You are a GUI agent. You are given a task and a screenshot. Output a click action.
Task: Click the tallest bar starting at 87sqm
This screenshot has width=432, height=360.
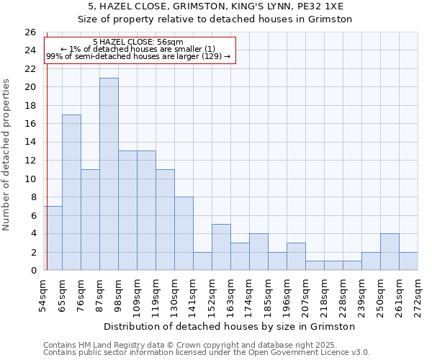(109, 174)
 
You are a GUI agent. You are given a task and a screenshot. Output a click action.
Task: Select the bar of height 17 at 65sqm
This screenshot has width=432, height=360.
(71, 192)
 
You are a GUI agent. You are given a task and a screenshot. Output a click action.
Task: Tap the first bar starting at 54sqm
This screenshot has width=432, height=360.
(53, 238)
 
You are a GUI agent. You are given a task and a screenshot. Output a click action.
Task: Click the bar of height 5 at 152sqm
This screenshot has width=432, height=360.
(221, 247)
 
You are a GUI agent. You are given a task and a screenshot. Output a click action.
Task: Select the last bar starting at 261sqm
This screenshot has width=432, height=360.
(408, 261)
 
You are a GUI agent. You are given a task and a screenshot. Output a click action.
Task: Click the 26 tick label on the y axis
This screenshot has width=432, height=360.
(30, 32)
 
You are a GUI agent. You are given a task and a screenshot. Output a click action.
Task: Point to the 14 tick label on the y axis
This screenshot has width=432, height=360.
(30, 143)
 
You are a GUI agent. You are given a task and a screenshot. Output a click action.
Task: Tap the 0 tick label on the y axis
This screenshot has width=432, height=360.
(33, 271)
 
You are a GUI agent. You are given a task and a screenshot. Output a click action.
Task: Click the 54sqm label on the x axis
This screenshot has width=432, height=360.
(43, 295)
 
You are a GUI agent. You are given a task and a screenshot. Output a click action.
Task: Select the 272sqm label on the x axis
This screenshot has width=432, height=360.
(418, 295)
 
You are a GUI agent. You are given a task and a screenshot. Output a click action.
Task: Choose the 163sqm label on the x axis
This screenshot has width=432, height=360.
(230, 295)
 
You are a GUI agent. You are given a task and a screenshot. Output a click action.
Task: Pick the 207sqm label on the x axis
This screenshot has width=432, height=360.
(305, 295)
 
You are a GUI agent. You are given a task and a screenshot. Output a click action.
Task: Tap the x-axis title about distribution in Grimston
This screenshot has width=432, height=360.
(230, 327)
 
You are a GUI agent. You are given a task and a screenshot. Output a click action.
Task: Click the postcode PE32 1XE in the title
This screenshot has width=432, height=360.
(323, 6)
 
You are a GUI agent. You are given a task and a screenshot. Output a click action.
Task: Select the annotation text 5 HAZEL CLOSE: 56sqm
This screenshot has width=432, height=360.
(138, 42)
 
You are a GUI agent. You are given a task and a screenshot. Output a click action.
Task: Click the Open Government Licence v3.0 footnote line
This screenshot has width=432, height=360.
(207, 353)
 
